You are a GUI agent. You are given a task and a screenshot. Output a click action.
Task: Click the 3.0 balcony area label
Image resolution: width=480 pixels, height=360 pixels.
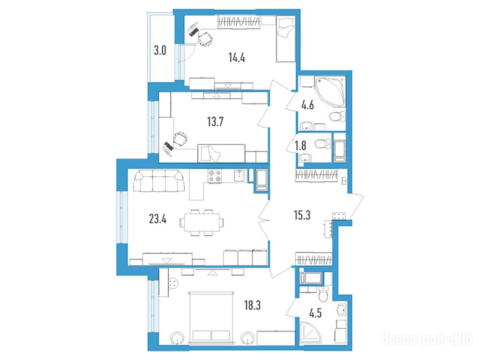[x=160, y=50]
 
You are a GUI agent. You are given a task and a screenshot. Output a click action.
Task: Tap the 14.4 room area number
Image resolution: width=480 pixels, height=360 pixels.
[x=237, y=57]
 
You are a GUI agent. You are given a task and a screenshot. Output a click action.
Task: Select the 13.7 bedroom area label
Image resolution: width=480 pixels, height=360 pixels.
[x=215, y=121]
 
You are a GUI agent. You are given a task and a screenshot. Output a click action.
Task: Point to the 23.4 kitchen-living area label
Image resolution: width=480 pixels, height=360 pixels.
[x=157, y=219]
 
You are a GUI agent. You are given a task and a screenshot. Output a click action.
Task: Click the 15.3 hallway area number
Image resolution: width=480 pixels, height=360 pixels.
[x=302, y=215]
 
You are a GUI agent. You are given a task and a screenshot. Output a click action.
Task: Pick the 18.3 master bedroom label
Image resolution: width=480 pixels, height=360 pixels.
[x=252, y=305]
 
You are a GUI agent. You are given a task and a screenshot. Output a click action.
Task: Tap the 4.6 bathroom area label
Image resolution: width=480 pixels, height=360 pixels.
[x=307, y=105]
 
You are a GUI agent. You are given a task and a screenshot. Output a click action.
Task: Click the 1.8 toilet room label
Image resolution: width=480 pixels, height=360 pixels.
[x=300, y=145]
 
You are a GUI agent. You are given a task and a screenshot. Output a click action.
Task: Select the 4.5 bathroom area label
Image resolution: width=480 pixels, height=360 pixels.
[x=315, y=314]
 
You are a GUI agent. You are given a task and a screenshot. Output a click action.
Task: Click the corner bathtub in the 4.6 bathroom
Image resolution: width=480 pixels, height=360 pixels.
[x=330, y=91]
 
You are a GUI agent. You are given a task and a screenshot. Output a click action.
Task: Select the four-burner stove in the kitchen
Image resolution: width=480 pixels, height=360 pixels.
[x=215, y=176]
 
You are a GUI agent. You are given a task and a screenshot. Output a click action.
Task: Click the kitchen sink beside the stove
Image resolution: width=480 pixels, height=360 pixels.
[x=239, y=176]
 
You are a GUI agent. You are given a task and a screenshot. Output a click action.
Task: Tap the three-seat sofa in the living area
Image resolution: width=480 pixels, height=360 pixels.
[x=159, y=181]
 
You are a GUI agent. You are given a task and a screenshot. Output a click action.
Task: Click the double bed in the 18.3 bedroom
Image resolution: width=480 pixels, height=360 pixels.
[x=211, y=317]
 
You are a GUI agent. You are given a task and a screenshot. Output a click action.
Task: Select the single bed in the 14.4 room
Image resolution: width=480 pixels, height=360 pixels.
[x=285, y=39]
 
